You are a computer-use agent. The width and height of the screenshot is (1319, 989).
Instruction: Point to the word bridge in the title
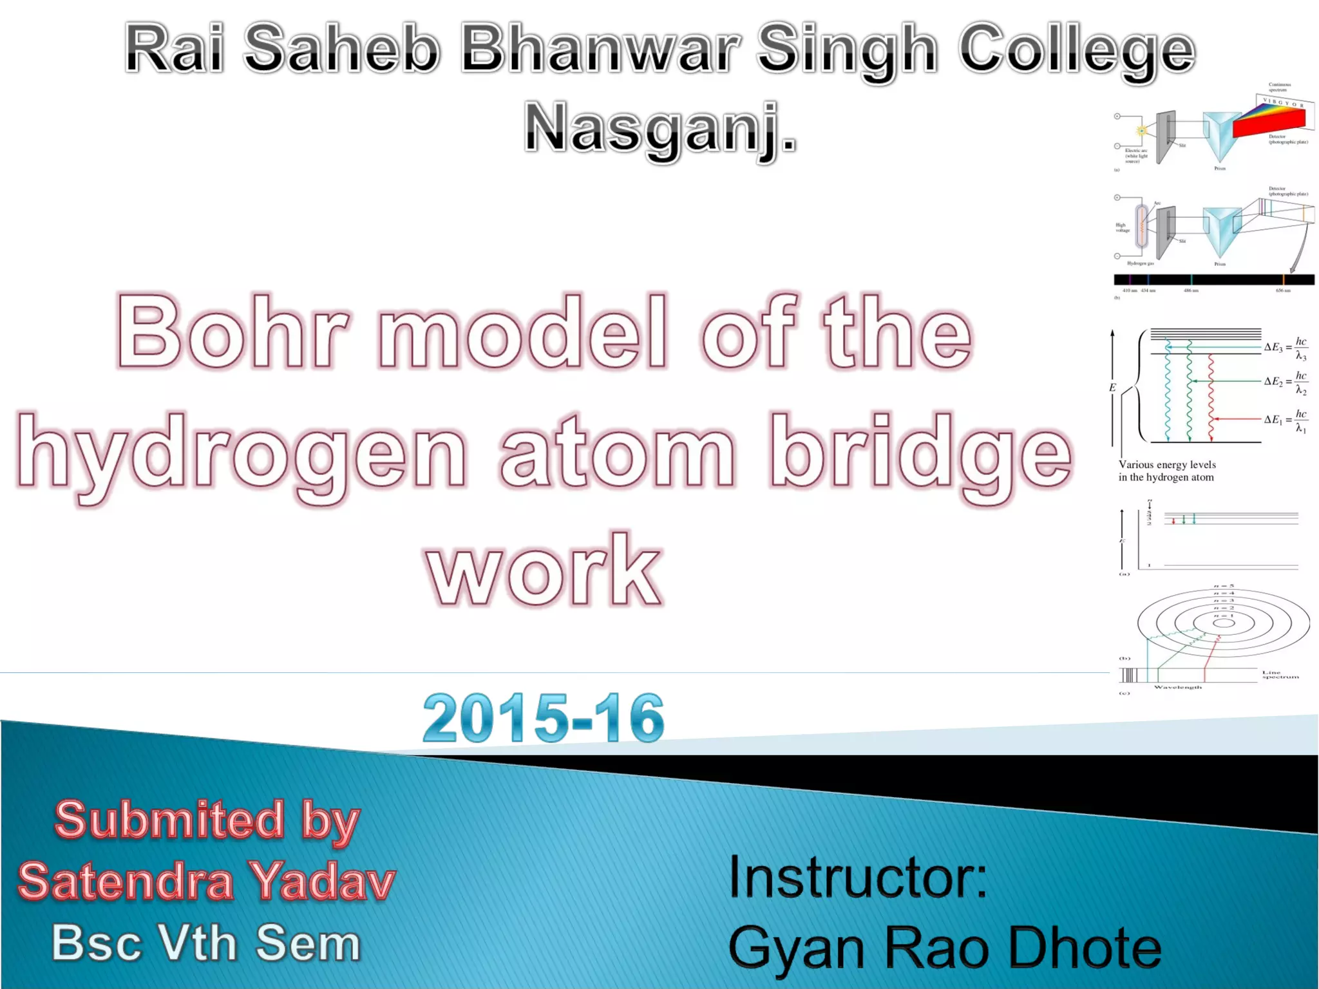pyautogui.click(x=921, y=451)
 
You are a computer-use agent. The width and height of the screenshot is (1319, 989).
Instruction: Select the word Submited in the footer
pyautogui.click(x=169, y=820)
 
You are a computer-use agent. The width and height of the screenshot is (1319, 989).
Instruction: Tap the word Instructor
pyautogui.click(x=857, y=877)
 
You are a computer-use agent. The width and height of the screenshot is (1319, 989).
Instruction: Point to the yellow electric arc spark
pyautogui.click(x=1141, y=131)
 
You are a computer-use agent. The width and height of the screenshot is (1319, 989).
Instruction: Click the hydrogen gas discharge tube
pyautogui.click(x=1141, y=226)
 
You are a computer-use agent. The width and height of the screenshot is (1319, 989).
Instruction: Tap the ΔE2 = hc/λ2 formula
pyautogui.click(x=1286, y=382)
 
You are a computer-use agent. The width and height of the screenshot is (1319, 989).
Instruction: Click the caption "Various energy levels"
pyautogui.click(x=1167, y=465)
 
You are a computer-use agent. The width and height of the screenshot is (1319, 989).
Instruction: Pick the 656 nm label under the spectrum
pyautogui.click(x=1283, y=291)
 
